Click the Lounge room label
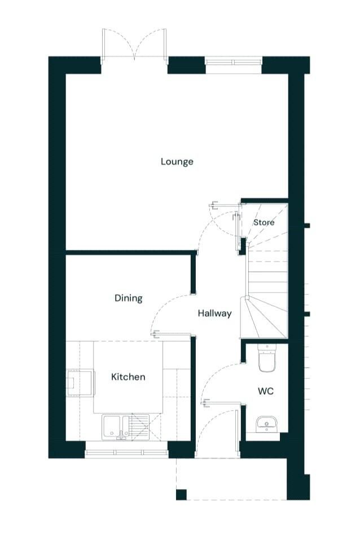(177, 162)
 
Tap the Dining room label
(129, 298)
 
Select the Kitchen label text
(128, 377)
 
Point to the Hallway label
(214, 314)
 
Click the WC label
(266, 392)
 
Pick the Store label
(264, 222)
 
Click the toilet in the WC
(267, 358)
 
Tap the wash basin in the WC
(266, 424)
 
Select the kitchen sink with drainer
(126, 427)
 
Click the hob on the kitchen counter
(81, 382)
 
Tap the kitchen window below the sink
(126, 454)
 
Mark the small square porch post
(181, 494)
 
